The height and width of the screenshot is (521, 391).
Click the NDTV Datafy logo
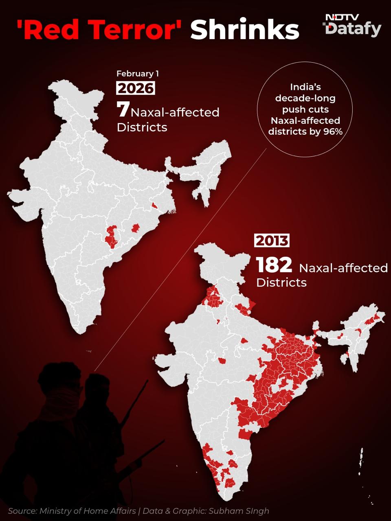352,25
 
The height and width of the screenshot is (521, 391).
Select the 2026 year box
136,88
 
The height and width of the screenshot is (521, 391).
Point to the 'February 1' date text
138,74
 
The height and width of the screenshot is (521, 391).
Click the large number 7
123,110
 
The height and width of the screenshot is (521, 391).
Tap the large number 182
274,265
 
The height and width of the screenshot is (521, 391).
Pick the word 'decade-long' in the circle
305,98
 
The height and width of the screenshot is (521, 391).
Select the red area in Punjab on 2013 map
212,298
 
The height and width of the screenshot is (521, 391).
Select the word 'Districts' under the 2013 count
281,282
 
